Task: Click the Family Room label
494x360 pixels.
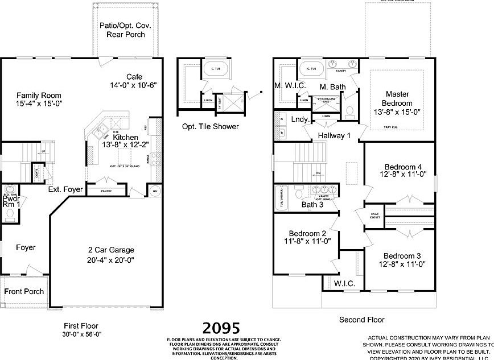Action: [x=39, y=95]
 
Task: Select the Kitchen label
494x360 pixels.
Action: [x=125, y=138]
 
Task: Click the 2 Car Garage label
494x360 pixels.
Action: [x=111, y=250]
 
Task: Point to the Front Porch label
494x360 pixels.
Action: [x=24, y=291]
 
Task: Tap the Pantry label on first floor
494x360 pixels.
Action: [x=106, y=191]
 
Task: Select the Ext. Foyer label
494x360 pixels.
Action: [x=65, y=189]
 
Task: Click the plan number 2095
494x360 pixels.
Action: [x=222, y=328]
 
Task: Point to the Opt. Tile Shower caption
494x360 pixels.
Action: [x=210, y=126]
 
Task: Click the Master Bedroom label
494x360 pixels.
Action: [x=398, y=98]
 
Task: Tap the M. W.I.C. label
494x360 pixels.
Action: [x=290, y=85]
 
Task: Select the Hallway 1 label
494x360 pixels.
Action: [x=335, y=135]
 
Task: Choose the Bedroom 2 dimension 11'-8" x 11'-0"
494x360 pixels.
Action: [x=307, y=241]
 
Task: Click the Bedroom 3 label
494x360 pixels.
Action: [x=402, y=255]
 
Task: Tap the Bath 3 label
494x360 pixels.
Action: [x=312, y=205]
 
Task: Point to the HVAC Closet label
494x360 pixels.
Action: [x=375, y=214]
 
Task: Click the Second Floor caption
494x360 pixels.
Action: [x=361, y=320]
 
